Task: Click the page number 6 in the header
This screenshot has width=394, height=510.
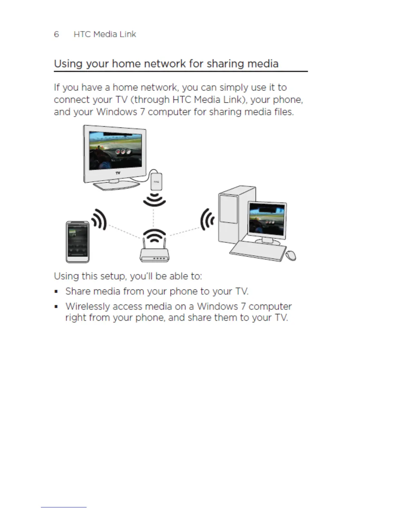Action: tap(56, 34)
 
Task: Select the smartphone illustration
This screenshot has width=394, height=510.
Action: tap(78, 242)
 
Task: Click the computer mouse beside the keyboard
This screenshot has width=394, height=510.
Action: tap(291, 255)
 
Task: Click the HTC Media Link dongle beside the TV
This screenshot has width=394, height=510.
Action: tap(156, 182)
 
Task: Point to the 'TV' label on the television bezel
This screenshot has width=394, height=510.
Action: tap(118, 173)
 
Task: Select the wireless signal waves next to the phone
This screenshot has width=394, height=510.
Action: tap(99, 220)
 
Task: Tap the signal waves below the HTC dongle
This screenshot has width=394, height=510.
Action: tap(155, 200)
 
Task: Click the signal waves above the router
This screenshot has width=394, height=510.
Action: tap(155, 235)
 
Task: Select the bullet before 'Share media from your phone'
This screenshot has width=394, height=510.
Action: tap(56, 292)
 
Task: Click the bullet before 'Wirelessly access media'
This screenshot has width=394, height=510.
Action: tap(56, 307)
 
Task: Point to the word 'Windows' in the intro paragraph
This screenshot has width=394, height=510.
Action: tap(117, 112)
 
